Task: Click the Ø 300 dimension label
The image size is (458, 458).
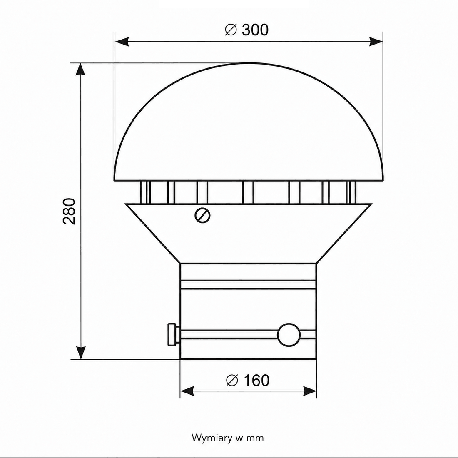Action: click(246, 30)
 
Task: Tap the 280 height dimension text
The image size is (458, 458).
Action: click(69, 211)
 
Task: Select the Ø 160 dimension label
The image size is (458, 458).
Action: click(248, 380)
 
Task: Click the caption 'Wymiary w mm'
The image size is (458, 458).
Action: click(227, 438)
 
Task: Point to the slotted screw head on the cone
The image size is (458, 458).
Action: click(202, 215)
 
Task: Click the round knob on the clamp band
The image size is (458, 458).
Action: click(289, 335)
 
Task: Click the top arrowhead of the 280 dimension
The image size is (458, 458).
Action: click(81, 69)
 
